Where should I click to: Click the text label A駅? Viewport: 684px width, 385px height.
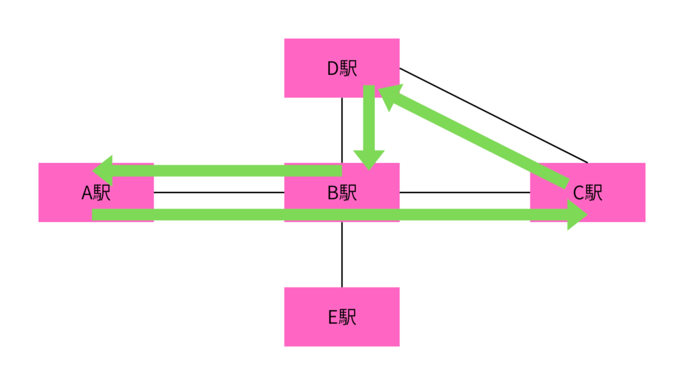point(96,192)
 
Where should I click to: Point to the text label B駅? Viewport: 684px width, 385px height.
point(342,192)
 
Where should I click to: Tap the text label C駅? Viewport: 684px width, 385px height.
point(588,192)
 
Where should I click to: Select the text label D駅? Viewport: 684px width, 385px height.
point(341,68)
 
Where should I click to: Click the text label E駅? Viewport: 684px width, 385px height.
point(341,317)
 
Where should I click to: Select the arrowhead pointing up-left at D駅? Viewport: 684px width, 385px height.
point(391,96)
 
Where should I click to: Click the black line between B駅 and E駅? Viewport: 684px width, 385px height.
point(342,254)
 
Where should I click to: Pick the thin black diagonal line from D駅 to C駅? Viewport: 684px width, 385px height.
point(494,115)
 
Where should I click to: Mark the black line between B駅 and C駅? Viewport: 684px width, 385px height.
point(464,192)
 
